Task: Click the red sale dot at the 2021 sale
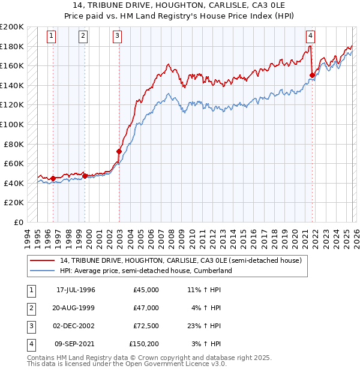point(313,75)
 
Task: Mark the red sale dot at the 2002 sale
point(119,151)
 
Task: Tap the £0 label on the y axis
point(19,222)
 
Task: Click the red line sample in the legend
point(42,260)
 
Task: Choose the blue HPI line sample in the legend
point(42,271)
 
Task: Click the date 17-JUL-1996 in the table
point(76,290)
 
